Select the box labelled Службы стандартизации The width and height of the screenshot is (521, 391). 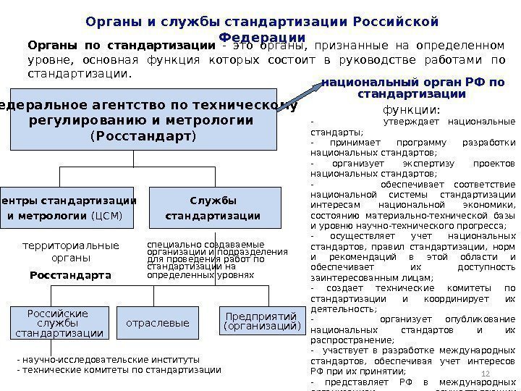tap(213, 208)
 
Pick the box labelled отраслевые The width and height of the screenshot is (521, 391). tap(157, 323)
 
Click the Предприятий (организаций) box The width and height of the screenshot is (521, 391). tap(260, 321)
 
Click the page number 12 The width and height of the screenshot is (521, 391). tap(486, 373)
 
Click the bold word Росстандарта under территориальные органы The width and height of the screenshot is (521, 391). tap(70, 275)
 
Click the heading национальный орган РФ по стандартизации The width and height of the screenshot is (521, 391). tap(412, 88)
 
